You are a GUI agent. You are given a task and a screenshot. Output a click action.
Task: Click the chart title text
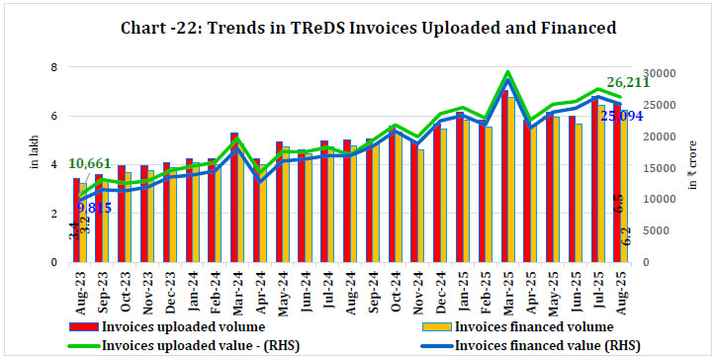click(x=357, y=29)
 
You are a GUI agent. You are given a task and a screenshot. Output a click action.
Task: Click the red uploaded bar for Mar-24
click(x=233, y=198)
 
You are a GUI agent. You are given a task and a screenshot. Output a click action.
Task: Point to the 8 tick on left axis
click(x=55, y=67)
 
